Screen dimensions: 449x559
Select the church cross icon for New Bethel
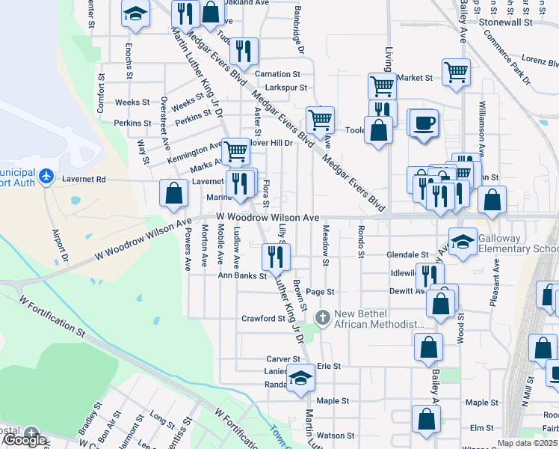[323, 318]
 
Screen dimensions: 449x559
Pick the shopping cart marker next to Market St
[456, 73]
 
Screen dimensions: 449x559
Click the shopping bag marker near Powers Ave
[173, 193]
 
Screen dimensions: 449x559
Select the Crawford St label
[264, 318]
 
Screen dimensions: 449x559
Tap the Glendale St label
[407, 254]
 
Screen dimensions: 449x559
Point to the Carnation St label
[277, 74]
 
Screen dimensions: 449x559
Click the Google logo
[25, 441]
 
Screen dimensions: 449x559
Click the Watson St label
[336, 435]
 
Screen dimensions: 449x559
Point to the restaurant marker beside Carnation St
[244, 51]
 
